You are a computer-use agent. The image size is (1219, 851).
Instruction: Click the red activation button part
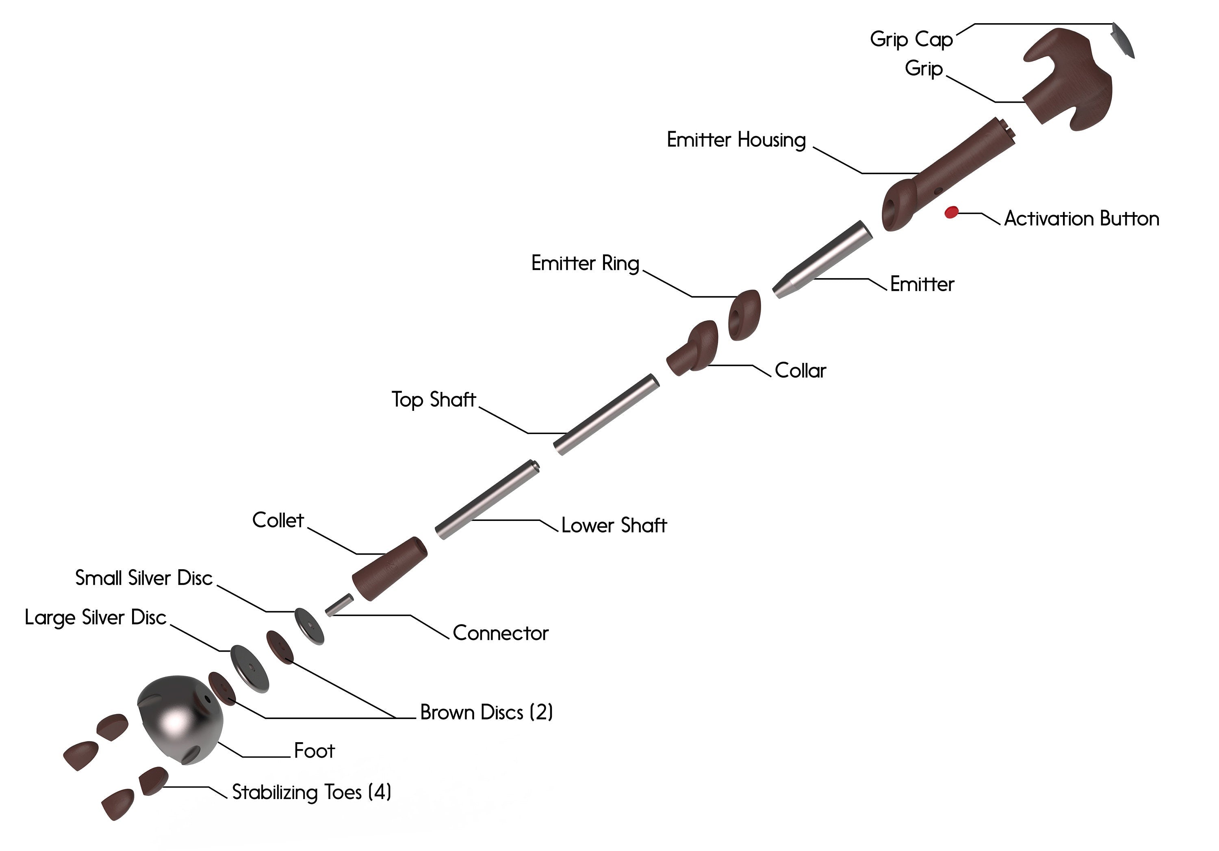[951, 212]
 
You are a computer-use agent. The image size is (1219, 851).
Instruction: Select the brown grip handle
[1067, 80]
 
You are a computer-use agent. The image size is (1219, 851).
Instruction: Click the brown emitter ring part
[744, 315]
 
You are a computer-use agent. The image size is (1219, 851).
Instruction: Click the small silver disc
[309, 626]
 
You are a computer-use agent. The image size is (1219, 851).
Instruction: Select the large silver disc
[249, 668]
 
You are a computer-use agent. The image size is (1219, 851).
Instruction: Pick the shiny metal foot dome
[178, 719]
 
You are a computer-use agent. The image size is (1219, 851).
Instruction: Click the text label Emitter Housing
[736, 140]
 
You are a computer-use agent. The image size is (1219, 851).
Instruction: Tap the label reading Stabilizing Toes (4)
[312, 792]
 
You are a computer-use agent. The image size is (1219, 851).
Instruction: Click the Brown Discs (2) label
[486, 712]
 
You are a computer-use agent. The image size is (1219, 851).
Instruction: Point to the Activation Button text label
[1082, 218]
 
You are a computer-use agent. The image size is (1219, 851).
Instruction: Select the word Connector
[500, 633]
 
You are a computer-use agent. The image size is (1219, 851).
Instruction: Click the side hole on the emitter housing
[938, 190]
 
